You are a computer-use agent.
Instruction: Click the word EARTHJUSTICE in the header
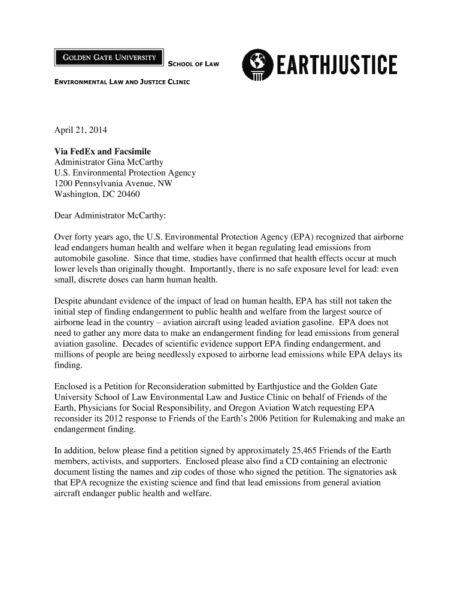point(336,65)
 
